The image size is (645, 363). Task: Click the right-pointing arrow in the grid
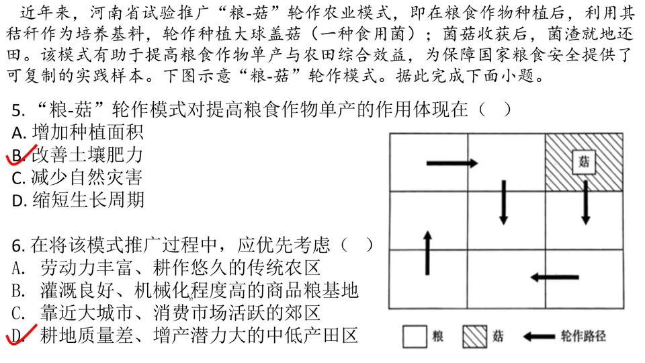click(x=452, y=163)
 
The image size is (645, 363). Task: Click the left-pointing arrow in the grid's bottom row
click(x=554, y=276)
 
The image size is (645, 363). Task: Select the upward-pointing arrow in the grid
click(x=427, y=253)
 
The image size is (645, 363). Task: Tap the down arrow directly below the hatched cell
click(x=585, y=202)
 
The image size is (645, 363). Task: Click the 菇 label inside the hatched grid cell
click(x=584, y=162)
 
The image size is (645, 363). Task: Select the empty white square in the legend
click(x=416, y=336)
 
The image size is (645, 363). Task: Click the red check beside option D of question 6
click(x=18, y=333)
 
